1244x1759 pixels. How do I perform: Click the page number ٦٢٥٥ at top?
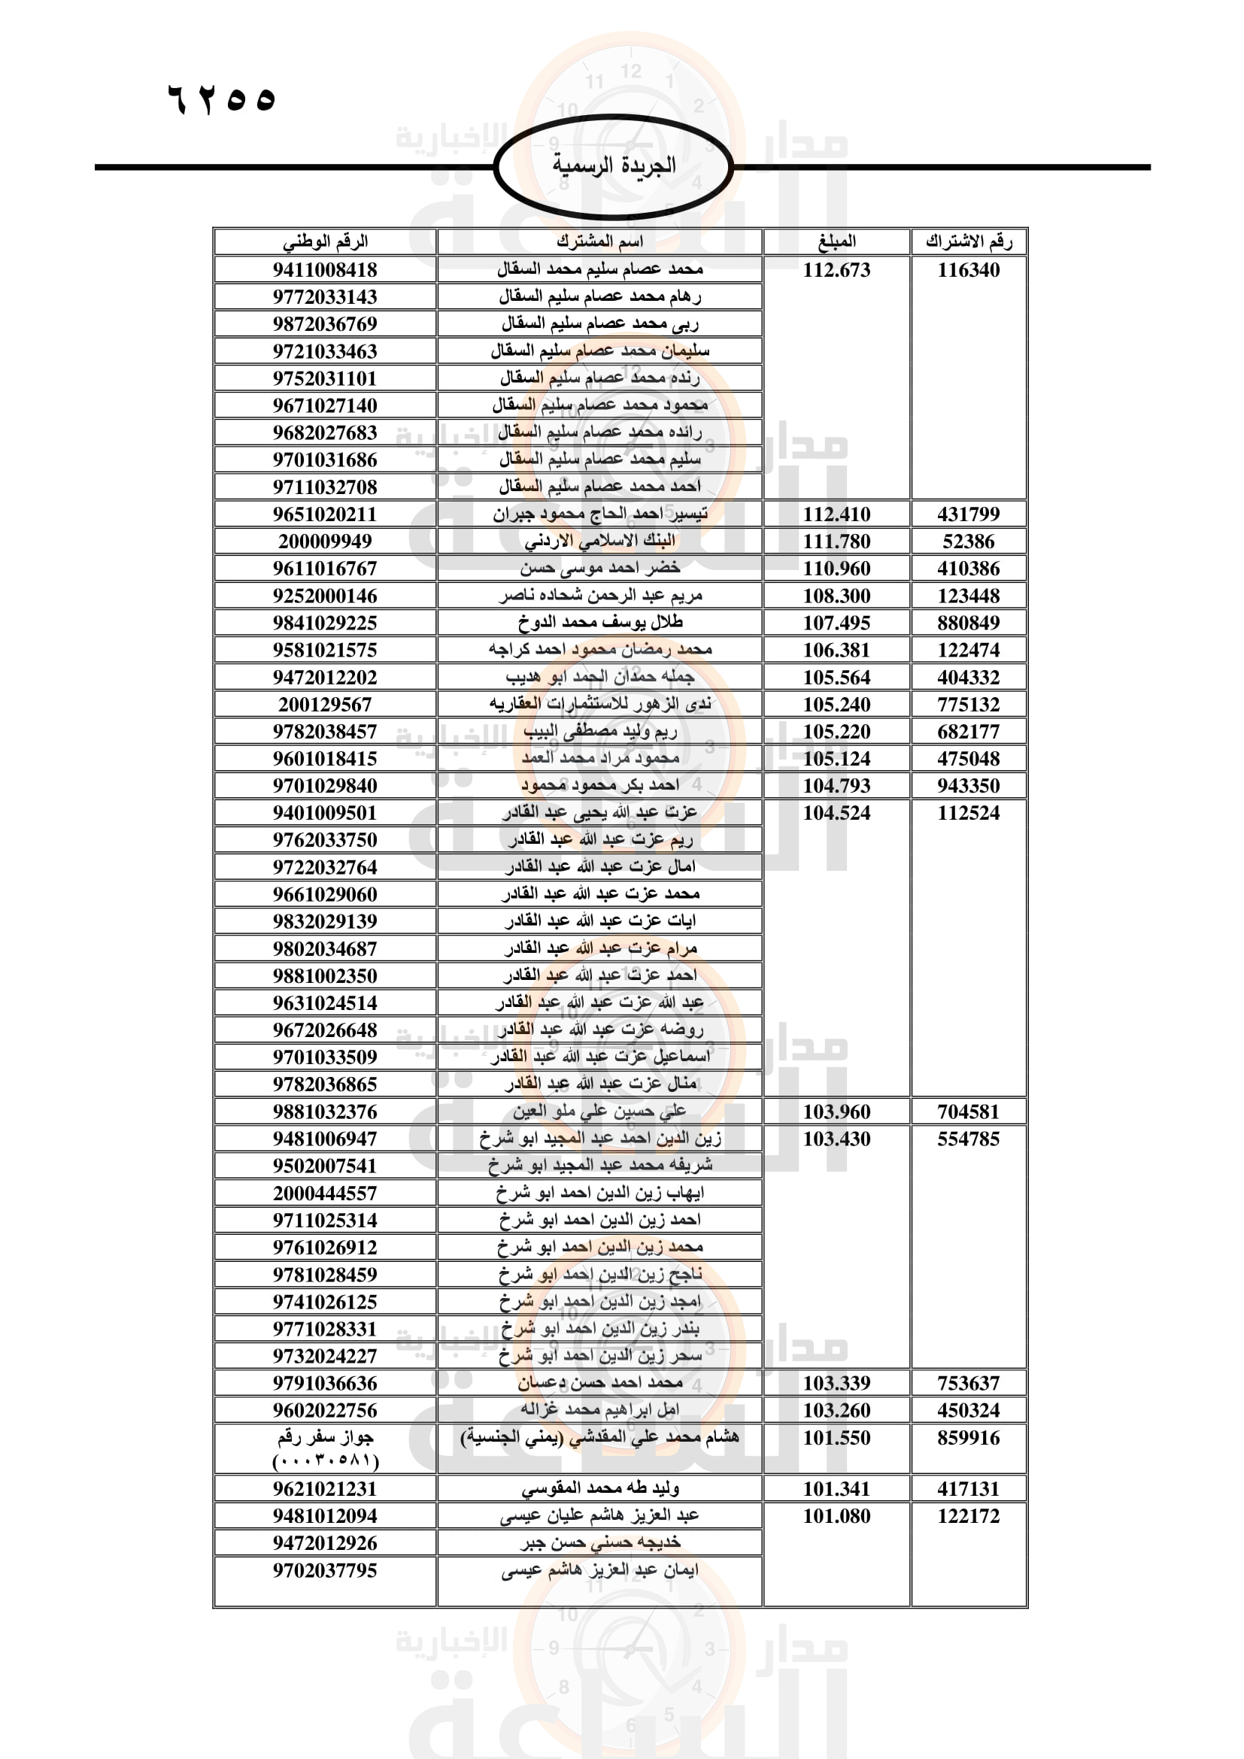click(x=221, y=99)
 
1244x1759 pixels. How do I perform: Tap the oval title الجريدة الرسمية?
click(x=614, y=165)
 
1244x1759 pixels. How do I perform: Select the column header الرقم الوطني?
click(x=326, y=242)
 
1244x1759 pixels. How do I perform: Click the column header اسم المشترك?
click(x=599, y=242)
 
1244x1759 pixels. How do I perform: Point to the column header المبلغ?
click(x=836, y=242)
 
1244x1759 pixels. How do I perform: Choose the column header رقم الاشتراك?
click(x=968, y=242)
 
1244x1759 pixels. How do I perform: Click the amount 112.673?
click(x=836, y=270)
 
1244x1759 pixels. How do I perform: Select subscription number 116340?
click(x=968, y=270)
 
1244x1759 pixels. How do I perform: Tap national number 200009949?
click(x=325, y=541)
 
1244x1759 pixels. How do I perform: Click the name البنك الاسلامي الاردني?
click(x=599, y=541)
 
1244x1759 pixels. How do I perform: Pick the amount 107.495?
click(x=836, y=623)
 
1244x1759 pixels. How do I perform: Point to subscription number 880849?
click(x=968, y=623)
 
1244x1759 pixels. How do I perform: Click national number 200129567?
click(x=325, y=705)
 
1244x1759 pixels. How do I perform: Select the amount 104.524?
click(x=836, y=813)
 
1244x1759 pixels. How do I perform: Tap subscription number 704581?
click(x=968, y=1112)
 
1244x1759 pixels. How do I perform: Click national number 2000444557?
click(x=325, y=1193)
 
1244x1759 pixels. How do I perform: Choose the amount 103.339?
click(x=836, y=1384)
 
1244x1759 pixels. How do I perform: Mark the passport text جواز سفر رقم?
click(x=325, y=1438)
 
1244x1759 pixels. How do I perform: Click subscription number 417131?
click(x=968, y=1488)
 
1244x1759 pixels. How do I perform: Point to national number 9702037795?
click(x=325, y=1570)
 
